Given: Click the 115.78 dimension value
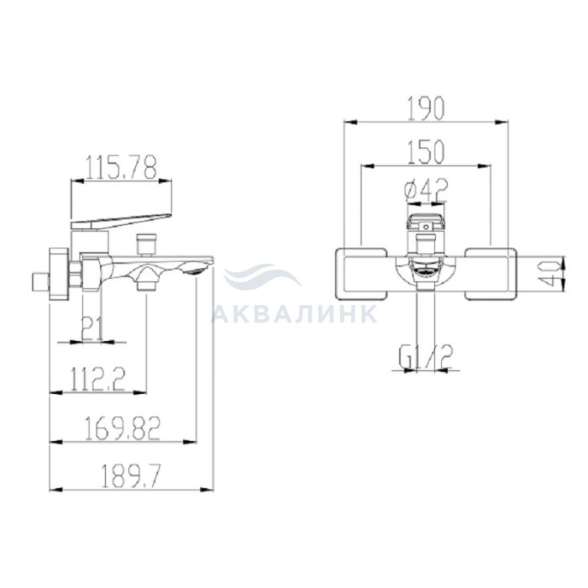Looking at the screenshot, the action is (121, 167).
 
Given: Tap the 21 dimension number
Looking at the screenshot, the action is (92, 328).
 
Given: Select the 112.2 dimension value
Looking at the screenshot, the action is (98, 379).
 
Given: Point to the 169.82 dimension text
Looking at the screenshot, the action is (123, 428).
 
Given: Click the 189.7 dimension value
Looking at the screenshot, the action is (131, 476).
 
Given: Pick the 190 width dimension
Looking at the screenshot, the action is (426, 108).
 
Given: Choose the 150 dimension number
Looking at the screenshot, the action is (426, 152).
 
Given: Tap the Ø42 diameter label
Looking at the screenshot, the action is (426, 190).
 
